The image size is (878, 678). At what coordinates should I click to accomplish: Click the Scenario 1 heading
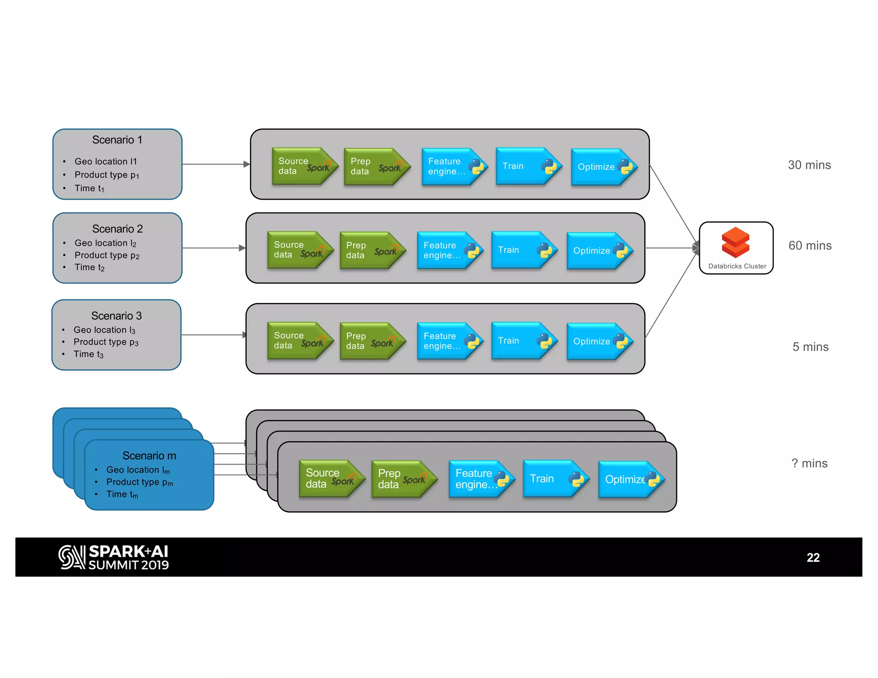point(117,140)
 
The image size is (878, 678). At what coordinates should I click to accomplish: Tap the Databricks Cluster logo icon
point(736,242)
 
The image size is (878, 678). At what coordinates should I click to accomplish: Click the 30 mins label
point(809,165)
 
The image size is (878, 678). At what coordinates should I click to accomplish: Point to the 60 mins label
point(810,246)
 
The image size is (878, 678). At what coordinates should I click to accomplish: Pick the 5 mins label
point(810,347)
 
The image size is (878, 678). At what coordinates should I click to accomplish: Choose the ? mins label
point(809,463)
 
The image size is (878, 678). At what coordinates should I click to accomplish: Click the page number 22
point(813,558)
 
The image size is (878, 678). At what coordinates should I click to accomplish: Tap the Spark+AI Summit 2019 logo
point(114,557)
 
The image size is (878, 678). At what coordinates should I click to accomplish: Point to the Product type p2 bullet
point(107,255)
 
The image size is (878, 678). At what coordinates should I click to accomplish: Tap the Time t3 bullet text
point(88,354)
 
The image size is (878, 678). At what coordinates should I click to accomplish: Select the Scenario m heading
point(149,456)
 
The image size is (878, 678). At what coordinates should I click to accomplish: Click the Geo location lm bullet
point(138,470)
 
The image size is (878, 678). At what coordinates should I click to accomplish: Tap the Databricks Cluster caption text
point(737,266)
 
